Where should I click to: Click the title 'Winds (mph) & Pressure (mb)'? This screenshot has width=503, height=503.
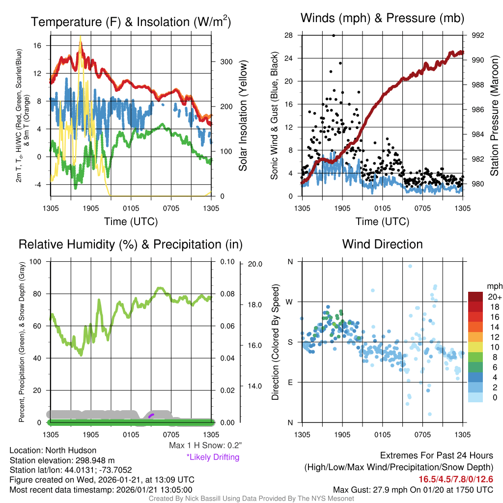(382, 19)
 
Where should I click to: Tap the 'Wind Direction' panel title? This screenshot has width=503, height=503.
(382, 244)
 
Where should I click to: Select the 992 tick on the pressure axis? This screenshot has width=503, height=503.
(478, 35)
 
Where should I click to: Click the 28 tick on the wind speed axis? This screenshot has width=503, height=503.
(288, 35)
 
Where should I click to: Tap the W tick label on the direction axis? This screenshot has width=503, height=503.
(290, 302)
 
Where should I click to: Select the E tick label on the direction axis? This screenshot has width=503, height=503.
(290, 382)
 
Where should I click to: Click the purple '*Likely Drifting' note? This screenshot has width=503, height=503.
(213, 457)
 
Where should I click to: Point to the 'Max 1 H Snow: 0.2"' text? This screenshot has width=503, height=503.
(205, 446)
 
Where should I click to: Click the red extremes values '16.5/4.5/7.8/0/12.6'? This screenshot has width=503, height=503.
(456, 479)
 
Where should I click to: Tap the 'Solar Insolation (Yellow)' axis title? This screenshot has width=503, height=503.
(243, 116)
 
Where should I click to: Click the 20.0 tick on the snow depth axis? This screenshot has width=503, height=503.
(254, 264)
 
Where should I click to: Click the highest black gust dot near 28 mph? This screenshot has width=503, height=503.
(334, 35)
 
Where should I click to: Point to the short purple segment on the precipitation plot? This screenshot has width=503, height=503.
(151, 416)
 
